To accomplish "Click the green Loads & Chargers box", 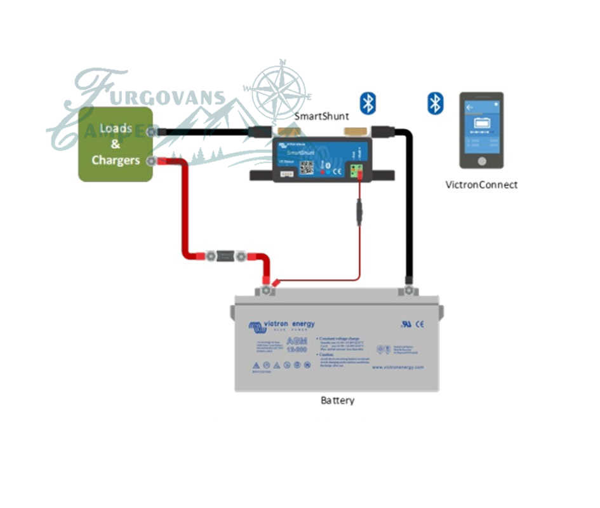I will point(116,144).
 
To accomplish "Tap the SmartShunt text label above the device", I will point(321,117).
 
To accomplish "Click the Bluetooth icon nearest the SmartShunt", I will point(368,103).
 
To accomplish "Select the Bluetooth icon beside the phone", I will point(435,103).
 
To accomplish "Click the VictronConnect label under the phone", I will point(481,185).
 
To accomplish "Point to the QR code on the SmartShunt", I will point(307,168).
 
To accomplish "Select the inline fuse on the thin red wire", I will point(359,211).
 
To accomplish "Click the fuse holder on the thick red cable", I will point(225,256).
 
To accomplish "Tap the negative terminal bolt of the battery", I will point(408,291).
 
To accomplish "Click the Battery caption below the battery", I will point(337,401).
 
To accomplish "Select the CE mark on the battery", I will point(420,324).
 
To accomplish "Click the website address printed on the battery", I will point(397,367).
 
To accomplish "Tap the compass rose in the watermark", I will point(277,90).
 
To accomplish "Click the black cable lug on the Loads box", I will point(152,131).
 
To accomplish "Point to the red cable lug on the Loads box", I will point(152,161).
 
